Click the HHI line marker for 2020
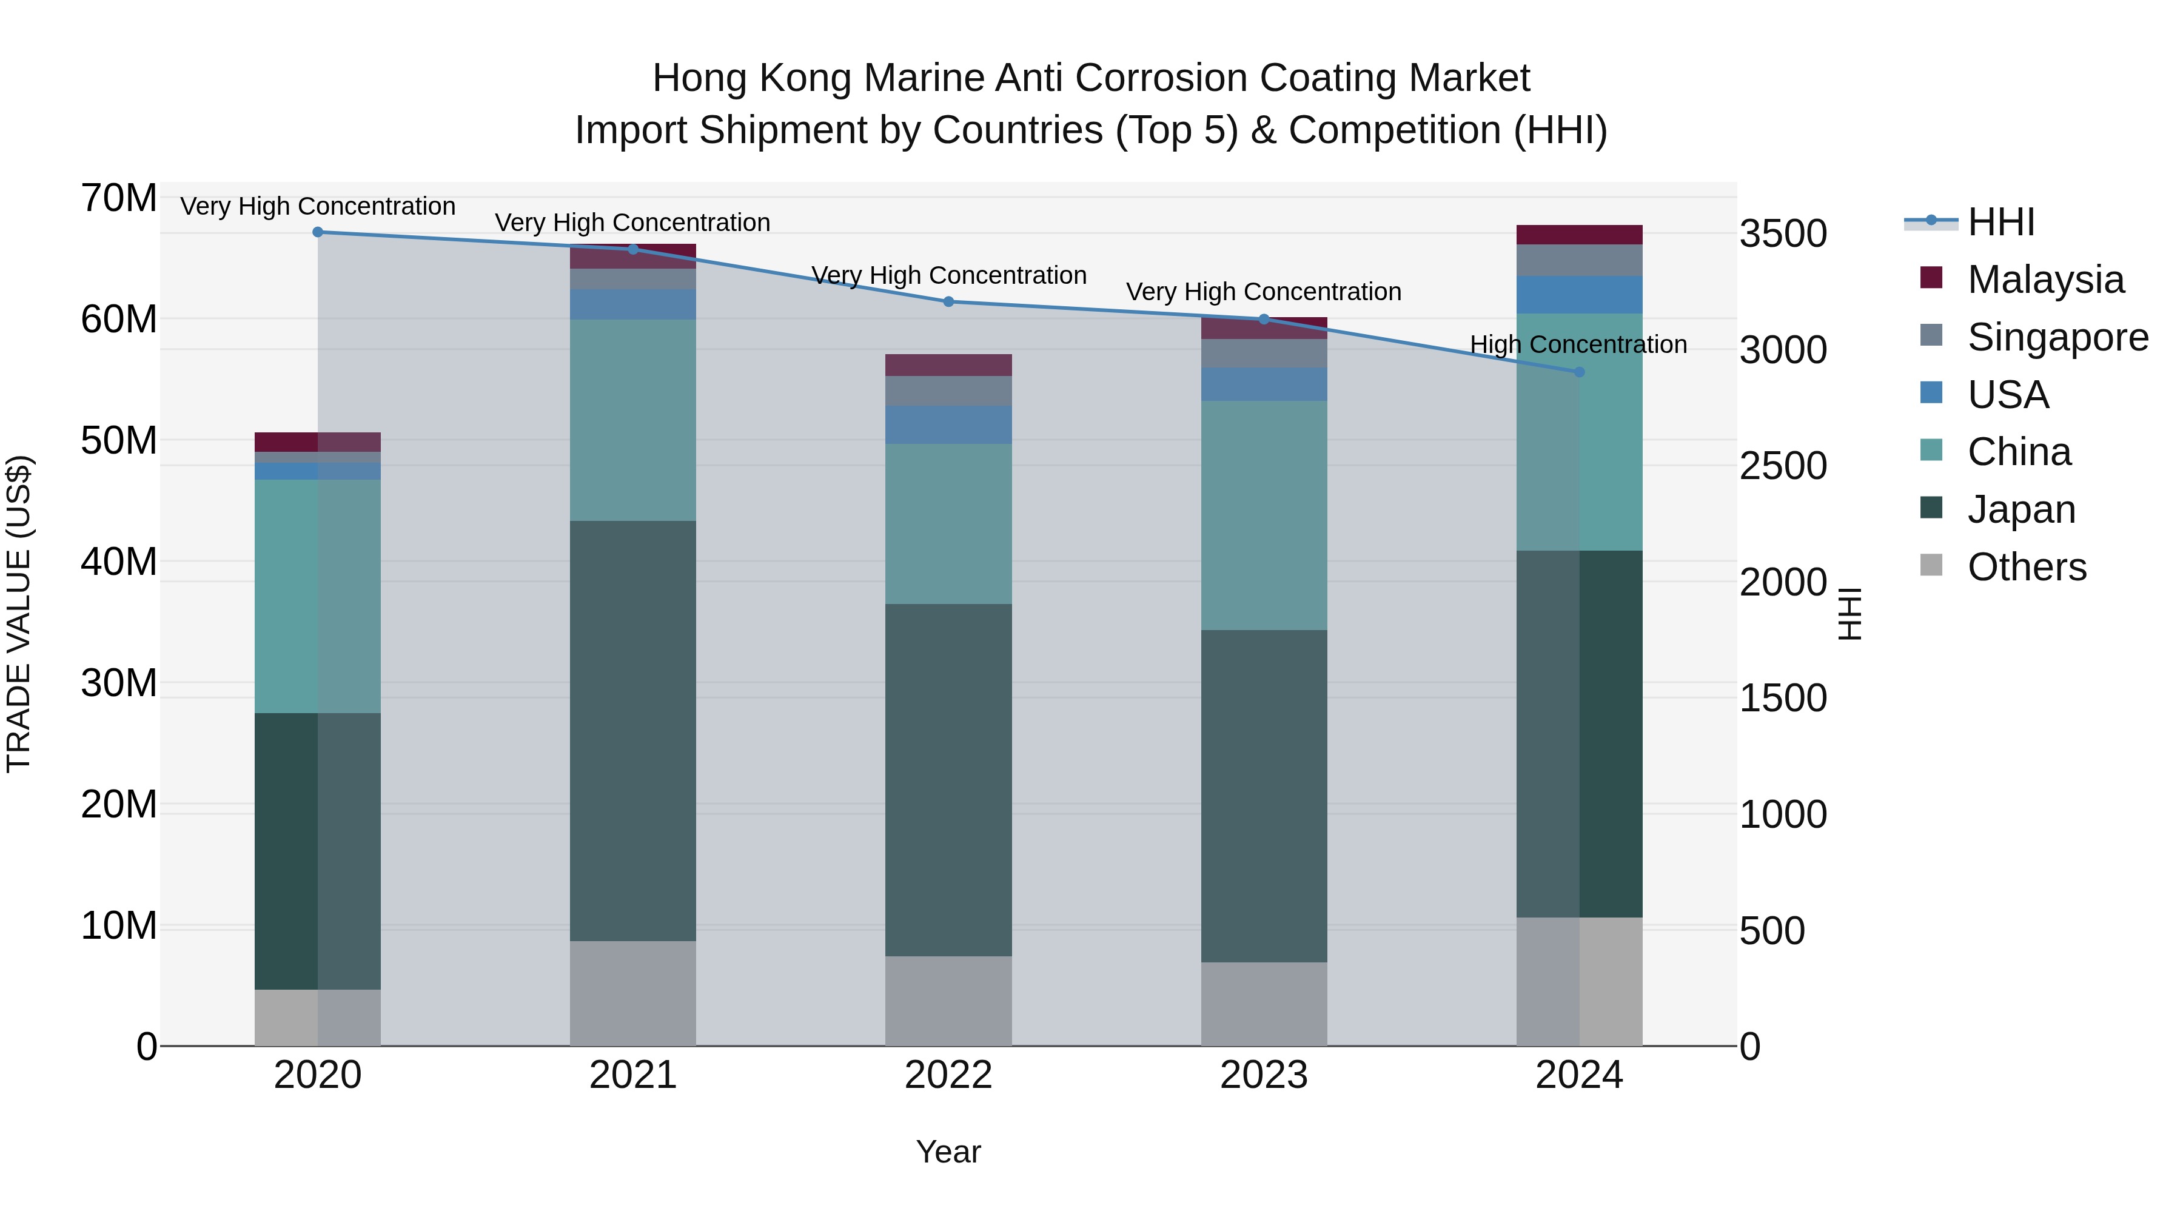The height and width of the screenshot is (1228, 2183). [318, 232]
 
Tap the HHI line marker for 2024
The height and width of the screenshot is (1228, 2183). [1579, 372]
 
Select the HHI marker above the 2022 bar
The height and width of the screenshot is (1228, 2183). [948, 302]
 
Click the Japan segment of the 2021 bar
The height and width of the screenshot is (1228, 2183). [633, 731]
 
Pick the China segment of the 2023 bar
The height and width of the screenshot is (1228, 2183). [1264, 515]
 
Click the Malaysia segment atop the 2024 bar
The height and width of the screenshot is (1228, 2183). [1579, 235]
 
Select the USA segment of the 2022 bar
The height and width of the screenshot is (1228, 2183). [948, 424]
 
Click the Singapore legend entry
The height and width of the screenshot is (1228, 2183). [2057, 337]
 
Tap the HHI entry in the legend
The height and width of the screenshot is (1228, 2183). [2000, 222]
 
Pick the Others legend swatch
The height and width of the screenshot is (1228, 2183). [1931, 565]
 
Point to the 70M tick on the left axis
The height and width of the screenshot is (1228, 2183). [119, 198]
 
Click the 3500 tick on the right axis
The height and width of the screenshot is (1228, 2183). [1783, 234]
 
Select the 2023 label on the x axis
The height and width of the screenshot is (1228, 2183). [1264, 1075]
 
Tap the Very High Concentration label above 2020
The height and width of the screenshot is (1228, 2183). [318, 206]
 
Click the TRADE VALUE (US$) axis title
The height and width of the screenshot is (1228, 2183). [19, 614]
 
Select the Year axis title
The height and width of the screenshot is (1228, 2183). [948, 1152]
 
